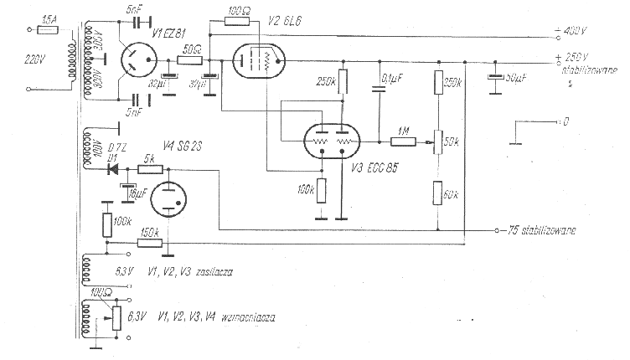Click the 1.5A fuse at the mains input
click(x=49, y=29)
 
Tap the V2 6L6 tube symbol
click(x=257, y=61)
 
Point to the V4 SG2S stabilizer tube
click(x=173, y=198)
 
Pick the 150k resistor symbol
click(x=150, y=243)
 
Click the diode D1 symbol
click(x=111, y=168)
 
